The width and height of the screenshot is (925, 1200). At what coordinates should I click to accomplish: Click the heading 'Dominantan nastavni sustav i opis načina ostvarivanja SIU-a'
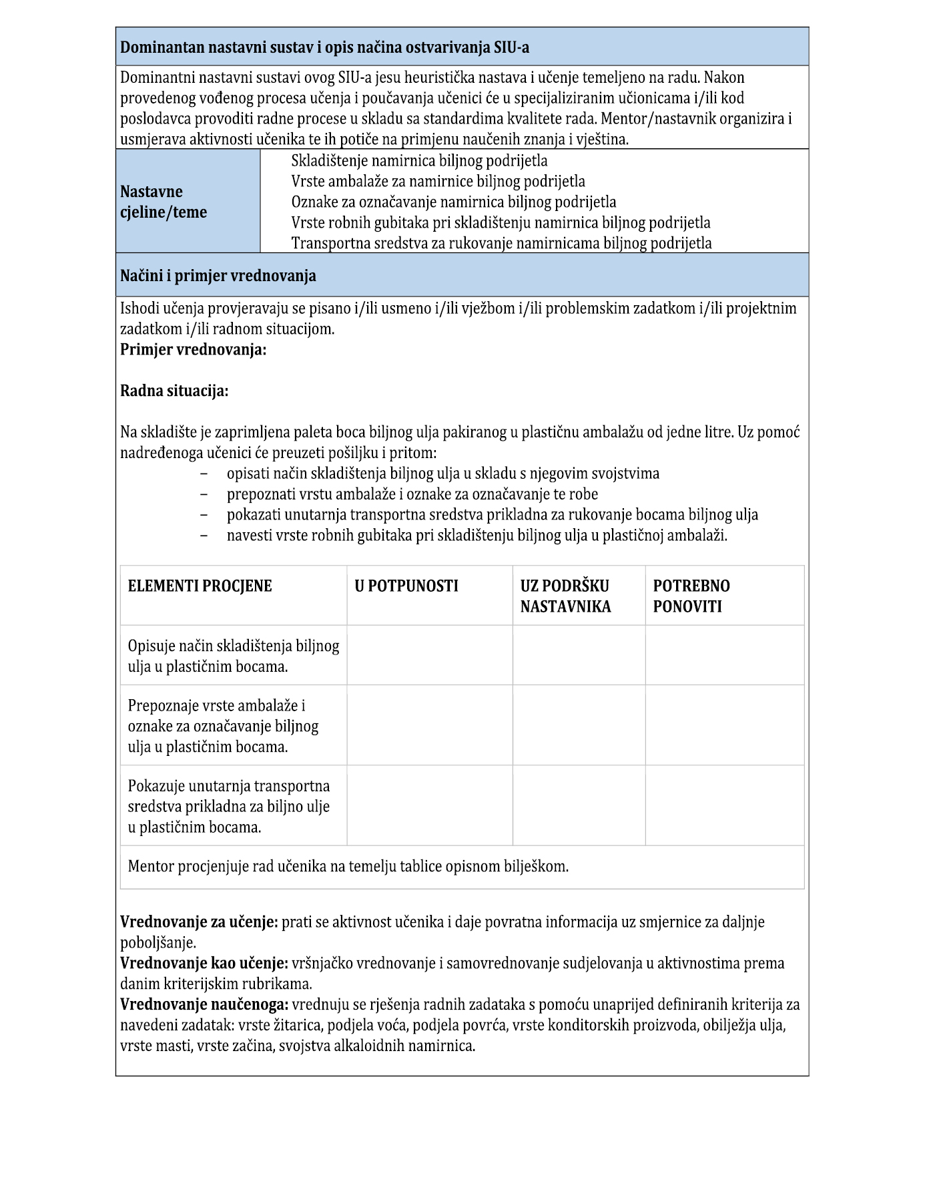tap(324, 47)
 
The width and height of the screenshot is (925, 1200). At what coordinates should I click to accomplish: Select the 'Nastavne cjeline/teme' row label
tap(164, 202)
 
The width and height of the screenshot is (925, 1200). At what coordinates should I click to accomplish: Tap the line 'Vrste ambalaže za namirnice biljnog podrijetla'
tap(438, 181)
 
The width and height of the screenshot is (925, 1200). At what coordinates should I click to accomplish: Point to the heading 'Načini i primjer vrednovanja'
tap(218, 275)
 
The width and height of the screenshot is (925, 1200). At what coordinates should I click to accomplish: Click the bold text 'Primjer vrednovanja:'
tap(193, 349)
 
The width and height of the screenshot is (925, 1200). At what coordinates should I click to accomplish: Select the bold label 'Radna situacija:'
tap(174, 391)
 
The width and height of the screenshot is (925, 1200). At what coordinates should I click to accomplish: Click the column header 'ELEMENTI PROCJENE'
tap(200, 586)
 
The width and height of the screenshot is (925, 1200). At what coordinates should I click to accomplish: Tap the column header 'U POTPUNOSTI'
tap(406, 586)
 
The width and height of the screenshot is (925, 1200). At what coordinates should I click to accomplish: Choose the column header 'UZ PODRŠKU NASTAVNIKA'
tap(565, 596)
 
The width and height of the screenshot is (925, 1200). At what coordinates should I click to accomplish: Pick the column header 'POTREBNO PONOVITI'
tap(691, 596)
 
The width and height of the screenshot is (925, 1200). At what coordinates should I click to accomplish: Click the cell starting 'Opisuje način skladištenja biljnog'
tap(233, 656)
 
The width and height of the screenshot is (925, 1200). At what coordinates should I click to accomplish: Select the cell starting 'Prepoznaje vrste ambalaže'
tap(223, 726)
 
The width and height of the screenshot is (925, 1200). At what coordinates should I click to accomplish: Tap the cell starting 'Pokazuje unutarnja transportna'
tap(228, 806)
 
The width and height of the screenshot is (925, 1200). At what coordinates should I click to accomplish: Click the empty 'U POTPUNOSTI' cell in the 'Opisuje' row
tap(429, 656)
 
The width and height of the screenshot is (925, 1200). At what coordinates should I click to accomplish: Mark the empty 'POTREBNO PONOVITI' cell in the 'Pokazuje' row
tap(724, 806)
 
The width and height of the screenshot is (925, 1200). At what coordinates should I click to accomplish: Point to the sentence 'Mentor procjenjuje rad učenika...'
tap(348, 866)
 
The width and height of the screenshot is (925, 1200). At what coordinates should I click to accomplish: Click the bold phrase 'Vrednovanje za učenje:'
tap(199, 922)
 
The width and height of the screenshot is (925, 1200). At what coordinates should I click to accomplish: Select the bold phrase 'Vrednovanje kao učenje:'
tap(204, 964)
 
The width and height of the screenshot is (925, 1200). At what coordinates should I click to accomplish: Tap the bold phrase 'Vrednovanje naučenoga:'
tap(204, 1004)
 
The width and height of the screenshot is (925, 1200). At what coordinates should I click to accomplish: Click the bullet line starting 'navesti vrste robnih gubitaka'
tap(477, 535)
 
